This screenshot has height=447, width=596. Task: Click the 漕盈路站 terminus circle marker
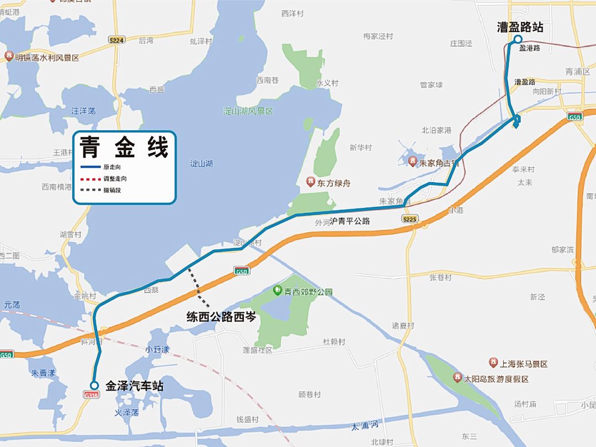pyautogui.click(x=518, y=39)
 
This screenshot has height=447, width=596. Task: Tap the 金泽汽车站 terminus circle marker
pyautogui.click(x=94, y=386)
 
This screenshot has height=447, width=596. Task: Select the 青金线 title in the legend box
pyautogui.click(x=124, y=147)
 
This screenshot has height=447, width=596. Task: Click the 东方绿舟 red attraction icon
pyautogui.click(x=311, y=182)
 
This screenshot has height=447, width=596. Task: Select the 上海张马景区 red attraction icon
pyautogui.click(x=493, y=363)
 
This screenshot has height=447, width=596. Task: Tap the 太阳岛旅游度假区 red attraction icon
pyautogui.click(x=457, y=378)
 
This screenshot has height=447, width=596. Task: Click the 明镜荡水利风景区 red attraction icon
pyautogui.click(x=9, y=56)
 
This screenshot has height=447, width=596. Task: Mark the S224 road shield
pyautogui.click(x=116, y=40)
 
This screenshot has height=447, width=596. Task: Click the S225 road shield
pyautogui.click(x=409, y=219)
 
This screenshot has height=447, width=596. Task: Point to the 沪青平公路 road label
pyautogui.click(x=350, y=221)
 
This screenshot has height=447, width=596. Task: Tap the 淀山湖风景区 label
pyautogui.click(x=248, y=111)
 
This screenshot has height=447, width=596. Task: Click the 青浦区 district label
pyautogui.click(x=578, y=72)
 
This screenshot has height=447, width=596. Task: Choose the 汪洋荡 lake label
pyautogui.click(x=83, y=111)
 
